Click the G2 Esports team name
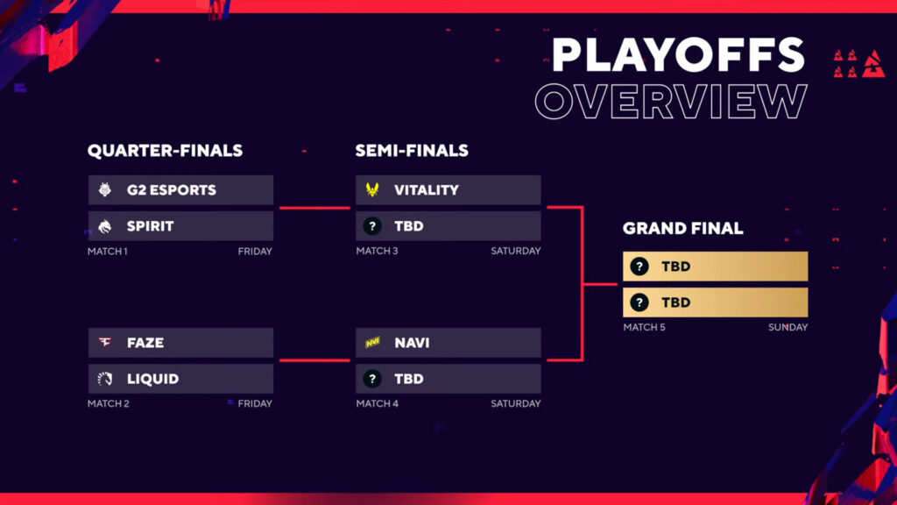click(171, 189)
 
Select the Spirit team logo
click(104, 226)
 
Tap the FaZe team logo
click(104, 343)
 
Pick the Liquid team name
click(152, 379)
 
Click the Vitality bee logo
click(372, 189)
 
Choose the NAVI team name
click(412, 343)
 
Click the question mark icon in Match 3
click(372, 226)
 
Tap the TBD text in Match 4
click(408, 379)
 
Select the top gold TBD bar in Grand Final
click(715, 267)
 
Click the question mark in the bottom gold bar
click(639, 302)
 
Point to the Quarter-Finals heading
click(165, 151)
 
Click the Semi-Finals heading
click(412, 151)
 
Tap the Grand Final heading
click(682, 228)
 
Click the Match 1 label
click(107, 252)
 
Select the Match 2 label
click(107, 404)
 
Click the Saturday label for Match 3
click(515, 252)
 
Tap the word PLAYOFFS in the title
click(677, 56)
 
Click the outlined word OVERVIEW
click(670, 102)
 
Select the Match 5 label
click(643, 328)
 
